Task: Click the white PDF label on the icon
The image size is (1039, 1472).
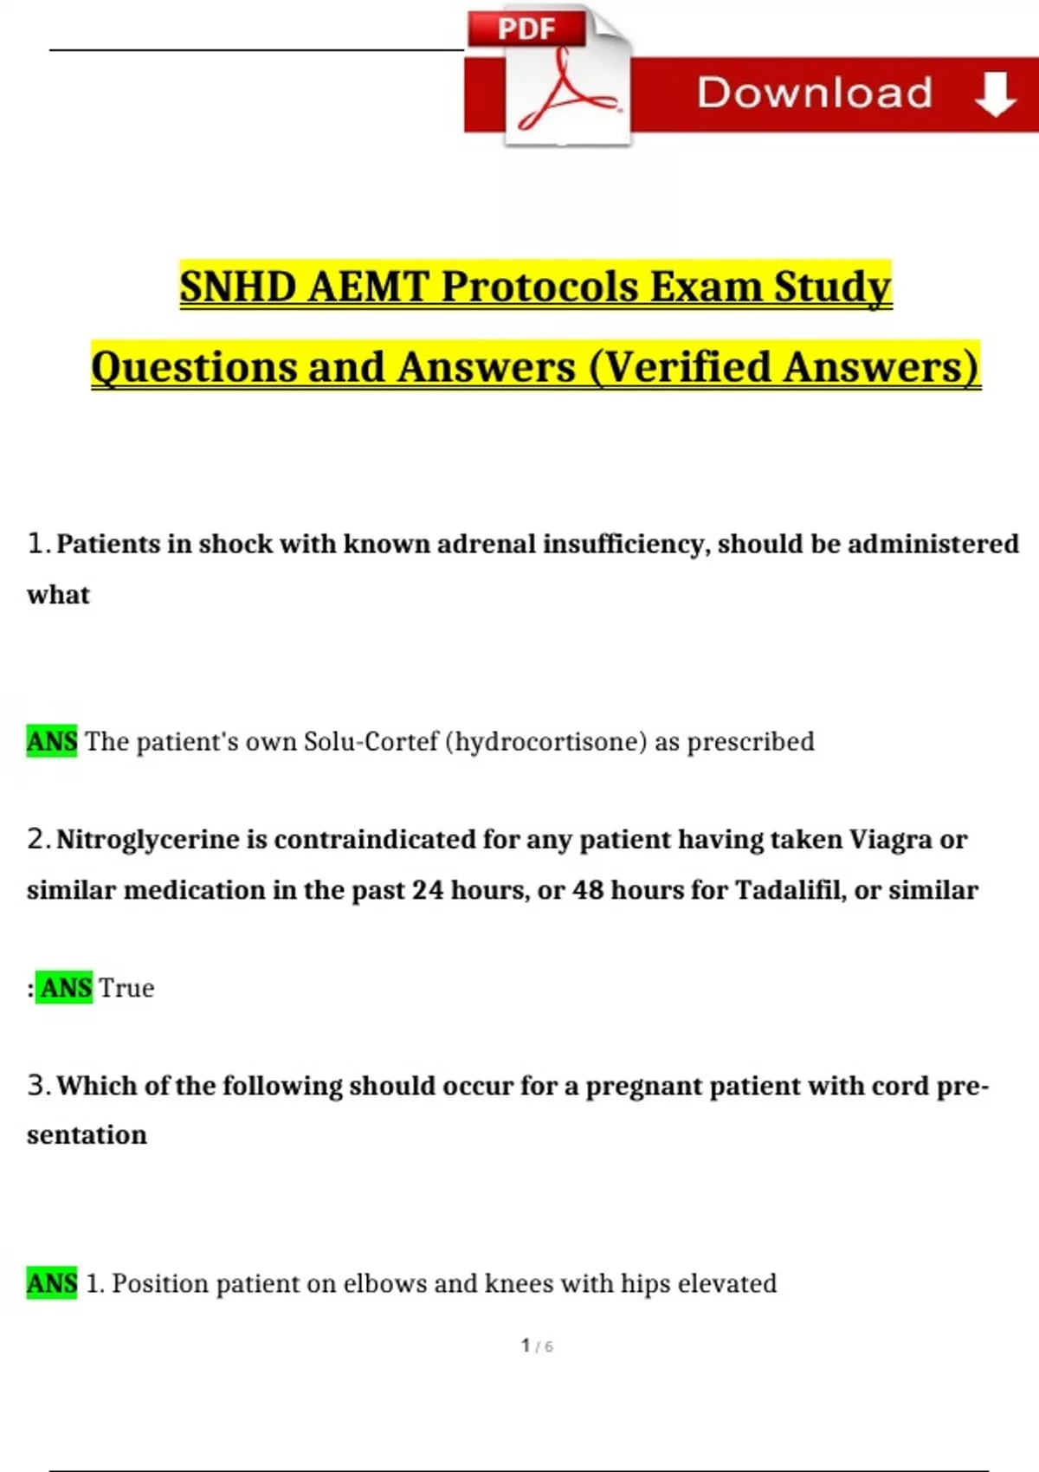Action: (x=526, y=29)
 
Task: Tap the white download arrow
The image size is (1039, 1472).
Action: (x=995, y=94)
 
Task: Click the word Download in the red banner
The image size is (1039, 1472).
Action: (x=815, y=93)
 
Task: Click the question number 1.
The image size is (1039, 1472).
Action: (x=36, y=543)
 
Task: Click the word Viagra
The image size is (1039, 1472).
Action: (x=889, y=839)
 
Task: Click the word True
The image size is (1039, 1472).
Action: (x=126, y=988)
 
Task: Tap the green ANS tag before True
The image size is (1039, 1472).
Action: (x=66, y=988)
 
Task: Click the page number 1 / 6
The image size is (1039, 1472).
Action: (x=537, y=1346)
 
